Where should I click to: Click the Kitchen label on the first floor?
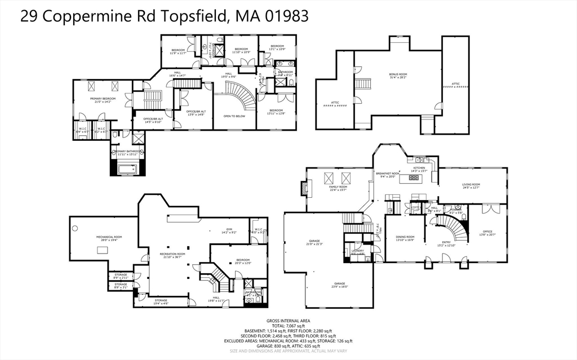tap(419, 169)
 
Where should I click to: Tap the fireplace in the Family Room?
tap(305, 188)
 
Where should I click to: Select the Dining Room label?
tap(405, 238)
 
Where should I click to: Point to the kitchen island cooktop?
tap(414, 179)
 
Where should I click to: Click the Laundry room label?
tap(357, 251)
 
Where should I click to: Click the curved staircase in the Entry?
tap(454, 228)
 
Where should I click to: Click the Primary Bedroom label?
tap(103, 100)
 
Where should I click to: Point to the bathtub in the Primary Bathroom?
tap(128, 168)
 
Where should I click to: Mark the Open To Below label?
tap(234, 116)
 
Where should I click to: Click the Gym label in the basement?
tap(229, 230)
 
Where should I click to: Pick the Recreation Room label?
tap(172, 255)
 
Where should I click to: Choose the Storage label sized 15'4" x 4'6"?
tap(161, 301)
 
